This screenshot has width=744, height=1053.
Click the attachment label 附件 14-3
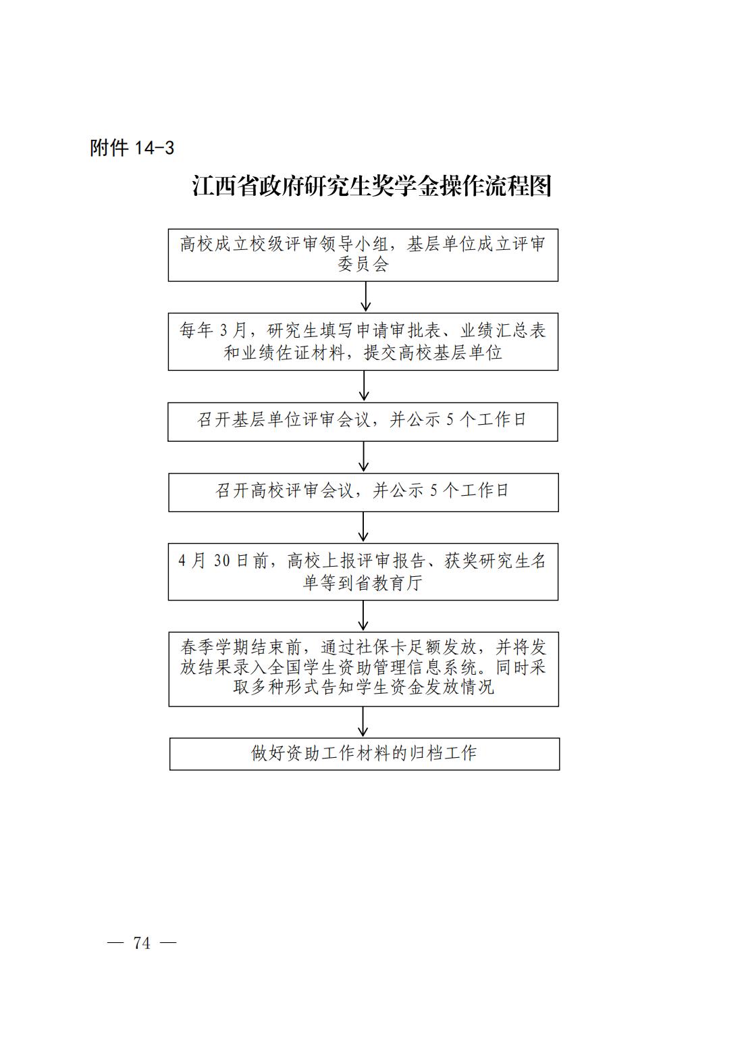(132, 148)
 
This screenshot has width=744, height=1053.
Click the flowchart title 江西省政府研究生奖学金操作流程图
(371, 186)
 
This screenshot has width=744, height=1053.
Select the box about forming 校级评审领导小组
(363, 255)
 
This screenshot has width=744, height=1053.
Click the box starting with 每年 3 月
(363, 342)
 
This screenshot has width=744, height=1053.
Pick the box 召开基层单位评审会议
(363, 421)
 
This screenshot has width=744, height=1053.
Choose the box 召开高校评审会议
(363, 492)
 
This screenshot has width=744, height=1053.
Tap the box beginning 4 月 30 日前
(363, 571)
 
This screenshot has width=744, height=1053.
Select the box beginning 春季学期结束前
(364, 669)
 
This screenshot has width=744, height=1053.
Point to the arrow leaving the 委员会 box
(365, 297)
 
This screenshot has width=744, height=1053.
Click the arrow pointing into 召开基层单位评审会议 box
(364, 386)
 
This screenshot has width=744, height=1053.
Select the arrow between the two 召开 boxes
(363, 457)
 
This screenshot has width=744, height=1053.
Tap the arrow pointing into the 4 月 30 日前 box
(363, 527)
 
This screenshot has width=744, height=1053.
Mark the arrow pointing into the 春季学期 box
(363, 616)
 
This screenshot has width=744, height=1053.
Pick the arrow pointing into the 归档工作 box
(363, 721)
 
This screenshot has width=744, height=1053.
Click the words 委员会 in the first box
(363, 264)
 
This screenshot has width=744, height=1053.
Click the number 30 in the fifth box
(222, 561)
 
